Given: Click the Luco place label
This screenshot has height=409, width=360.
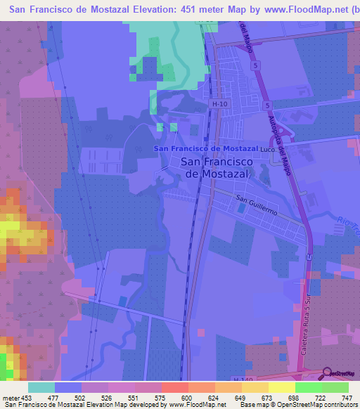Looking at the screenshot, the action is (x=266, y=150).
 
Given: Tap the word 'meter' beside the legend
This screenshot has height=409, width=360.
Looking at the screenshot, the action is (x=11, y=398).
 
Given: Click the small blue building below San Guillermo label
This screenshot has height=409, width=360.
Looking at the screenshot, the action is (x=243, y=209).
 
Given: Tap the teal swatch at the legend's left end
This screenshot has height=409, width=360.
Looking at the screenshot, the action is (x=41, y=387).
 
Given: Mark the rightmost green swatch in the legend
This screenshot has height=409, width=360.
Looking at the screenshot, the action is (x=335, y=387).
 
